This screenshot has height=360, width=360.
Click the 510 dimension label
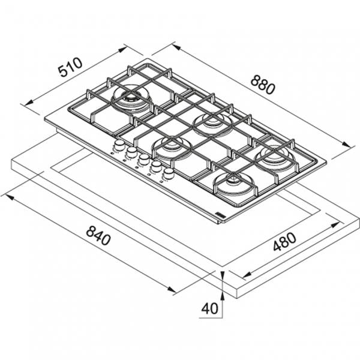click(x=70, y=67)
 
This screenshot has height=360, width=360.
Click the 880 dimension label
click(x=262, y=85)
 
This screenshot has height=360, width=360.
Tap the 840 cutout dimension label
click(x=98, y=235)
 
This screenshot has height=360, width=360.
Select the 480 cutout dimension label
click(x=284, y=242)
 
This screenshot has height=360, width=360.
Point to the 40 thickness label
click(x=209, y=308)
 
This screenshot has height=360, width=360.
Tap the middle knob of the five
click(x=144, y=159)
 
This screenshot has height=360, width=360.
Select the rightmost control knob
click(x=169, y=173)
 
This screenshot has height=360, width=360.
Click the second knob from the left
click(x=131, y=152)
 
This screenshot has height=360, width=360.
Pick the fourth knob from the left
click(x=156, y=166)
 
